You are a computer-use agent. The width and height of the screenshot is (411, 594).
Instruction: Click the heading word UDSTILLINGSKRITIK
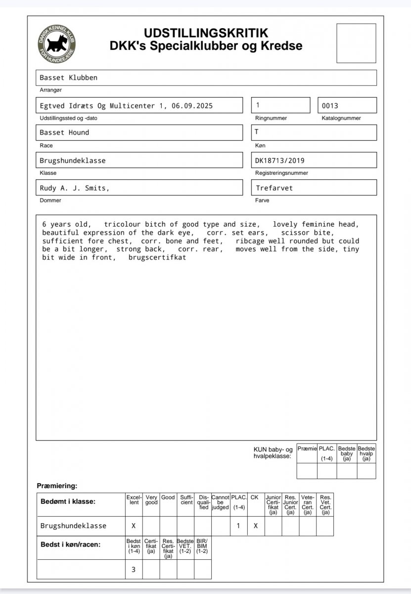coord(206,33)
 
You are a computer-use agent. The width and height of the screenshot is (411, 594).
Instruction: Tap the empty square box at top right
coord(356,43)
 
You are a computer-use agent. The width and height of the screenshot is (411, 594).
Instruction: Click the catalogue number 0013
coord(330,105)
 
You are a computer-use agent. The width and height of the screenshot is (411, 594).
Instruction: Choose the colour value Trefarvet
coord(274,188)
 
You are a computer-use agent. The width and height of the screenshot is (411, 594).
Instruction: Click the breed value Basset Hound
coord(64,133)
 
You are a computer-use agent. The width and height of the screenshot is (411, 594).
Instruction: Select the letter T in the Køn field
coord(257,132)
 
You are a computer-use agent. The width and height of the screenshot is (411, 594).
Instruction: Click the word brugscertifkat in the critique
coord(157,258)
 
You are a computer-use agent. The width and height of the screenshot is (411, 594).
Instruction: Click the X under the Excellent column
coord(134,526)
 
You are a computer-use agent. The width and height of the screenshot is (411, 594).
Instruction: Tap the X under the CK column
coord(255,526)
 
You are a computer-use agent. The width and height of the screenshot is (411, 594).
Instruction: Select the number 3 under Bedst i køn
coord(134,570)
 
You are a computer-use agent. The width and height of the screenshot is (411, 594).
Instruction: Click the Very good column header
coord(151,500)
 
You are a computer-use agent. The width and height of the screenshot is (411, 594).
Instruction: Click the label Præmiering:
coord(57,486)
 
